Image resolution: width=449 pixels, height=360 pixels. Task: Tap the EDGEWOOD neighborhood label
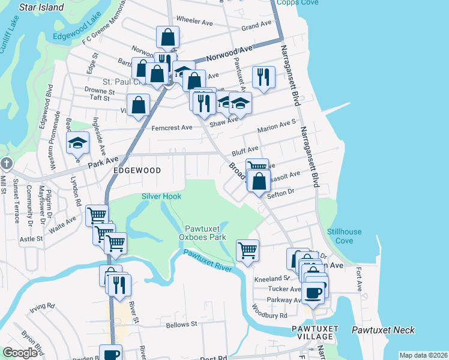point(137,170)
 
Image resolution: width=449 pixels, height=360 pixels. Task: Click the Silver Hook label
point(161,196)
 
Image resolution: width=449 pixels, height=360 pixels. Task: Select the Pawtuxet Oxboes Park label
point(205,233)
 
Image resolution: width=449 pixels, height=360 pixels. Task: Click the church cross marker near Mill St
point(6,163)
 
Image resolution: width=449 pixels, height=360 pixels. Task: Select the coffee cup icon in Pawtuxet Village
point(313,293)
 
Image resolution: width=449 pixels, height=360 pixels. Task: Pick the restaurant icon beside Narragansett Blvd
point(264,76)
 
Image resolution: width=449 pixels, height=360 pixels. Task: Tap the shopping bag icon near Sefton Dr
point(259,180)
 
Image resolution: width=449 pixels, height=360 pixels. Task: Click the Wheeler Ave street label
point(195,22)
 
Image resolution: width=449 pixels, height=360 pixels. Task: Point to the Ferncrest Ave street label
point(172,128)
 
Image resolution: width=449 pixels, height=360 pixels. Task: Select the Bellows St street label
point(182,325)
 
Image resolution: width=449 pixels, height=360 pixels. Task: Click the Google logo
point(20,353)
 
